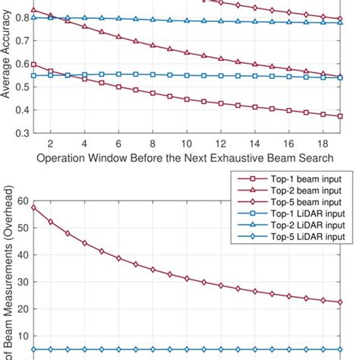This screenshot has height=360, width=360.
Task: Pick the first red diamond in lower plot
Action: pyautogui.click(x=33, y=207)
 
